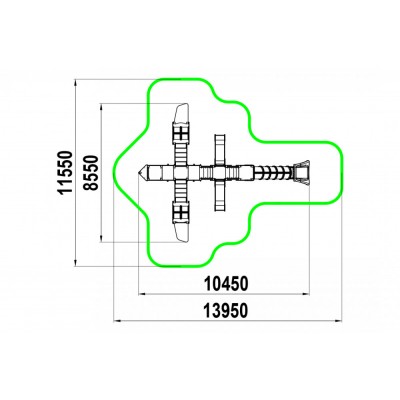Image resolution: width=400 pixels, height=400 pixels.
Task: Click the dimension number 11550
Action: (x=65, y=172)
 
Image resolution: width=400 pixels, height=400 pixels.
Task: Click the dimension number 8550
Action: (x=91, y=172)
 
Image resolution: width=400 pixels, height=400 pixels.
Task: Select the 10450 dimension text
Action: (x=226, y=284)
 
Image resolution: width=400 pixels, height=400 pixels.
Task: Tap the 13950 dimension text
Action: (x=226, y=311)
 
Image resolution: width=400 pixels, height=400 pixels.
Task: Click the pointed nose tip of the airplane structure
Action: (x=139, y=172)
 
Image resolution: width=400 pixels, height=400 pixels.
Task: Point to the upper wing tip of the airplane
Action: (x=182, y=105)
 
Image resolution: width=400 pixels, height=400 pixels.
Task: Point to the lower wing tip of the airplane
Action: (x=182, y=240)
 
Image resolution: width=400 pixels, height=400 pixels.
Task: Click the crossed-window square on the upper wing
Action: (x=181, y=133)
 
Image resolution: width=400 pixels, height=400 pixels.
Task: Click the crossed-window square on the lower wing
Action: (x=181, y=212)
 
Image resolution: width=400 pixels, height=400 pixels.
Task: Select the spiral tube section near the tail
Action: (x=273, y=172)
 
